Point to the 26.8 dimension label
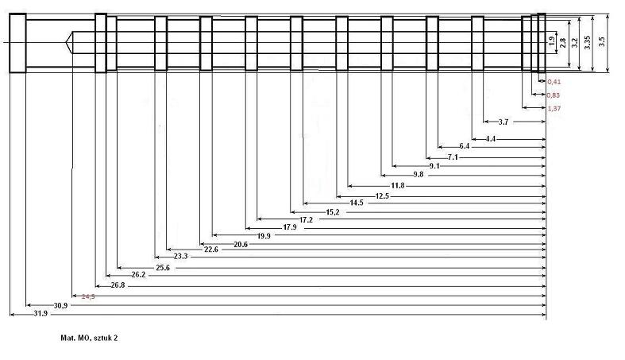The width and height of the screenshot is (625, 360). (117, 285)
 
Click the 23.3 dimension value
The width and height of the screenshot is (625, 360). (180, 256)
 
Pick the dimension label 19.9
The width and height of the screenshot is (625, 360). (264, 236)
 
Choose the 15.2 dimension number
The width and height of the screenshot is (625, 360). (332, 212)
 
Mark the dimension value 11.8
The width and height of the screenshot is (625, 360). (397, 185)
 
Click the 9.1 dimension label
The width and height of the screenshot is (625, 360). (434, 166)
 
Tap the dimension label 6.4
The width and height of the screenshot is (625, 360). (464, 146)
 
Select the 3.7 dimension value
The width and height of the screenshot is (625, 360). (503, 122)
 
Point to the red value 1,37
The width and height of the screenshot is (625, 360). (554, 107)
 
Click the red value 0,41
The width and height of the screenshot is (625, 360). (554, 81)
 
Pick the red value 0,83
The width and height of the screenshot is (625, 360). (554, 95)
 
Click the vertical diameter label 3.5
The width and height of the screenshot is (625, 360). (601, 42)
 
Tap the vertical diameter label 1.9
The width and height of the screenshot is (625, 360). (551, 40)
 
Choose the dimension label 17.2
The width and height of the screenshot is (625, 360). (305, 219)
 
